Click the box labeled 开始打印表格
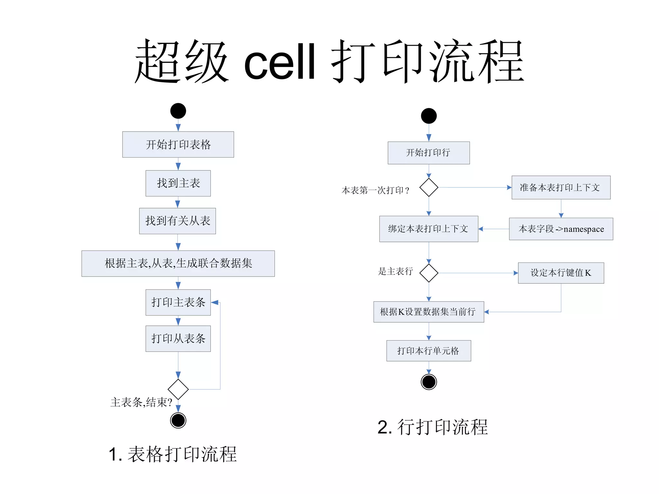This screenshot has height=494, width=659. point(178,144)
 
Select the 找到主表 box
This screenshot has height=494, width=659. point(178,183)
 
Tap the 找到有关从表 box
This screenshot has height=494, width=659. point(177,221)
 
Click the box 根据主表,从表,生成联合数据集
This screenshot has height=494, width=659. point(178,263)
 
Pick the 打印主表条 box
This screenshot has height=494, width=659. point(178,302)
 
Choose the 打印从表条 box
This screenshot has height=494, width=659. point(178,339)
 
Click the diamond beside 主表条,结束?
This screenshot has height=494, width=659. point(178,389)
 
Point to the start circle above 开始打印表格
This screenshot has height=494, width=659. point(178,111)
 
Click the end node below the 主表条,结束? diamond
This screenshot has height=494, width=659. point(178,420)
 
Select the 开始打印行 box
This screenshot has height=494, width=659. point(429,153)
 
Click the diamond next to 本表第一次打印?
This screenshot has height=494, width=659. point(429,187)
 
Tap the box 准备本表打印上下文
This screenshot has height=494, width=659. point(561,188)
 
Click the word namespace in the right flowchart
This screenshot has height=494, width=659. point(584,229)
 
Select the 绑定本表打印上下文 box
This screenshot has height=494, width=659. point(429,229)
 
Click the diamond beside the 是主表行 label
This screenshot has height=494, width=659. point(429,273)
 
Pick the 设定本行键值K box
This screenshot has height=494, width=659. point(561,273)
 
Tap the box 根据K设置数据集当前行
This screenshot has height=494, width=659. point(429,312)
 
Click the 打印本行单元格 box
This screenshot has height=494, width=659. point(429,351)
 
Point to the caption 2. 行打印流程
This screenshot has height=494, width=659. point(432,427)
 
